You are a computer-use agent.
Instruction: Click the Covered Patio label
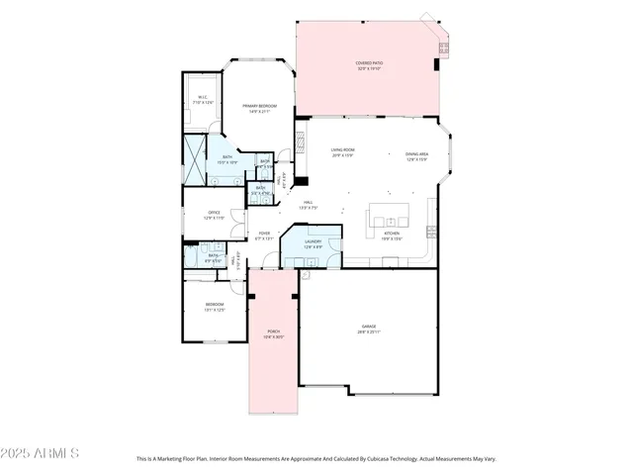[x=370, y=62]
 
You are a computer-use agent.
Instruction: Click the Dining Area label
[x=416, y=153]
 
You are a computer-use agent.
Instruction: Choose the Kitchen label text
[x=394, y=234]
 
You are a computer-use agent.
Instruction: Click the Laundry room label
[x=313, y=240]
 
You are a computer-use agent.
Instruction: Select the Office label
[x=214, y=213]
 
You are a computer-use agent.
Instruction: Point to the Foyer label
[x=264, y=234]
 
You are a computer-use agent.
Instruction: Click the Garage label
[x=368, y=326]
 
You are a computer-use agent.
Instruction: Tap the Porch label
[x=273, y=331]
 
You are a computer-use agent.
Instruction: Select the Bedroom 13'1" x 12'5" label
[x=215, y=304]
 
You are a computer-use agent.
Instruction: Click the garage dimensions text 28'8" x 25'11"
[x=368, y=332]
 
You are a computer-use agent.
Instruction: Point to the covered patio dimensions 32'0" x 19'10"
[x=370, y=68]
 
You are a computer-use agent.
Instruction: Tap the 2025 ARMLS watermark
[x=40, y=453]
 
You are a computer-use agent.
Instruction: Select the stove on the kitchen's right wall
[x=431, y=232]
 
